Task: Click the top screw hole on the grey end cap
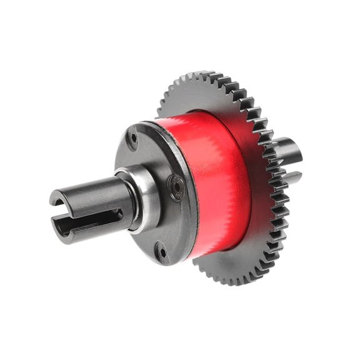tap(133, 136)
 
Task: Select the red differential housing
tap(216, 181)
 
